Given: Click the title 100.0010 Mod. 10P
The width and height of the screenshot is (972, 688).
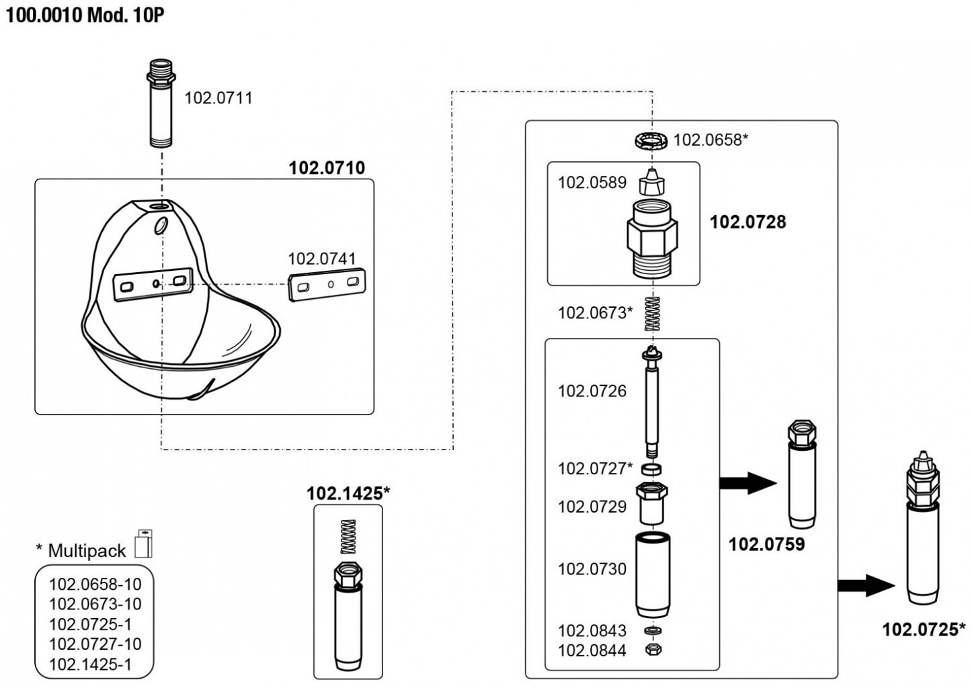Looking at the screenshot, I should coord(85,15).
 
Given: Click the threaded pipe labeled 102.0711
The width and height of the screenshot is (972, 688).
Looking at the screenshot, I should coord(161,103).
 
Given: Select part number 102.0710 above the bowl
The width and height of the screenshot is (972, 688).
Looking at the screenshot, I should coord(327,167).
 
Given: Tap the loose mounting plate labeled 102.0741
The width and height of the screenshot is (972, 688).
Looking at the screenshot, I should coord(329,285).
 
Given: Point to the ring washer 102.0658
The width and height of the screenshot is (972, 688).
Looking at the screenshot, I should coord(651,140).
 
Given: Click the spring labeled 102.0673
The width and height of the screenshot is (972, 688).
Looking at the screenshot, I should coord(651,313).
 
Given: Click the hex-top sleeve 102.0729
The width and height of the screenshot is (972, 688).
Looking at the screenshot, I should coord(651,504).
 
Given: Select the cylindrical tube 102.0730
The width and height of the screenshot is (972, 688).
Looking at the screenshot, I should coord(651,576).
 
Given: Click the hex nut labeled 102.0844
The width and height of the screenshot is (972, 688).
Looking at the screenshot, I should coord(651,650).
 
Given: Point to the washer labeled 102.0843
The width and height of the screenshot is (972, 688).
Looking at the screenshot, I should coord(651,631).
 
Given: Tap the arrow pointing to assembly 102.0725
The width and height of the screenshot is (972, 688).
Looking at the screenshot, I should coord(866,585).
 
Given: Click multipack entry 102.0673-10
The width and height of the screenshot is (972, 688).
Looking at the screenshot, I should coord(95,604).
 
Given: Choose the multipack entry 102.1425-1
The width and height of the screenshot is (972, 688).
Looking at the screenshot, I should coord(91,664).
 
